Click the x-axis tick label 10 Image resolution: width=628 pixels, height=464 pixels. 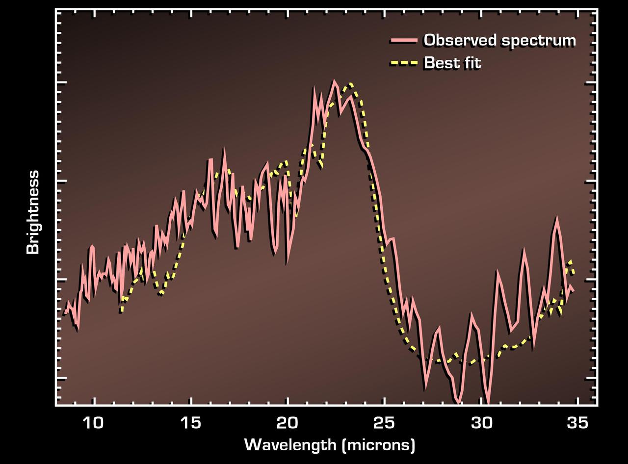(93, 423)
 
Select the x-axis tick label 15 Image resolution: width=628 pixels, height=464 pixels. (190, 423)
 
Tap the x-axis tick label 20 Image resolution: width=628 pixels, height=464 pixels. (288, 423)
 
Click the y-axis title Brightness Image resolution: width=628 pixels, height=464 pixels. (33, 212)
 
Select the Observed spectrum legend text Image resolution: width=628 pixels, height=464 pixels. (499, 40)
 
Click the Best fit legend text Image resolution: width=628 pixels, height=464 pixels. (452, 63)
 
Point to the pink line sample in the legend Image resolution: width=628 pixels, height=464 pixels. (404, 40)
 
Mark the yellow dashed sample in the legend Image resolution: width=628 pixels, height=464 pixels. (404, 63)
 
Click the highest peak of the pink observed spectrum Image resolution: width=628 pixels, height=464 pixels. (334, 81)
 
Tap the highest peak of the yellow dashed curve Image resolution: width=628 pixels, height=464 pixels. (350, 84)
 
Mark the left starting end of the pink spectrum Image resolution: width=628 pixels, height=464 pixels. (65, 312)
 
